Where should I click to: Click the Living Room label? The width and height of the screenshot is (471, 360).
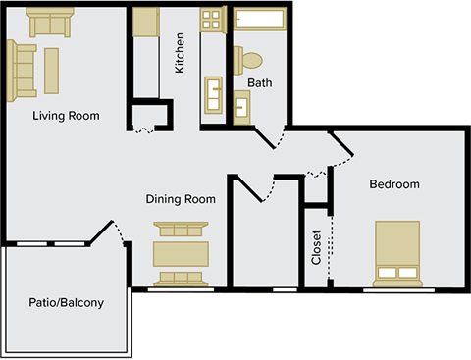(x=67, y=116)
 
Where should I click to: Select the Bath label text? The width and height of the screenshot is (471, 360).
(x=260, y=83)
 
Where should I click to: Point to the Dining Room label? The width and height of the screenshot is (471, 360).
(x=181, y=199)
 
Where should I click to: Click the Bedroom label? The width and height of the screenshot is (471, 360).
(x=394, y=184)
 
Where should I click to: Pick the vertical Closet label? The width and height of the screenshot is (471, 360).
(x=316, y=247)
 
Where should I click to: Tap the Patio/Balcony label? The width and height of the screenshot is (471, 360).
(x=66, y=302)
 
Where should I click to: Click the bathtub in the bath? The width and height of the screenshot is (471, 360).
(x=260, y=21)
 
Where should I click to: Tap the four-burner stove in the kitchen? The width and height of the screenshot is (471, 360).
(x=213, y=19)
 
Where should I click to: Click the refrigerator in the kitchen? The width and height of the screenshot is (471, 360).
(x=146, y=22)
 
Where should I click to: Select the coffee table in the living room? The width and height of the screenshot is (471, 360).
(x=51, y=69)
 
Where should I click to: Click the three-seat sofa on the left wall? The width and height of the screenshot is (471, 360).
(x=23, y=72)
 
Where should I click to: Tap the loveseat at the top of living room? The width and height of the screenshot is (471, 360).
(x=50, y=22)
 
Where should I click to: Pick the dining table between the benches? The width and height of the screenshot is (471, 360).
(x=182, y=253)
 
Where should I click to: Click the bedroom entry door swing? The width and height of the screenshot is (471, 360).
(x=341, y=147)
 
